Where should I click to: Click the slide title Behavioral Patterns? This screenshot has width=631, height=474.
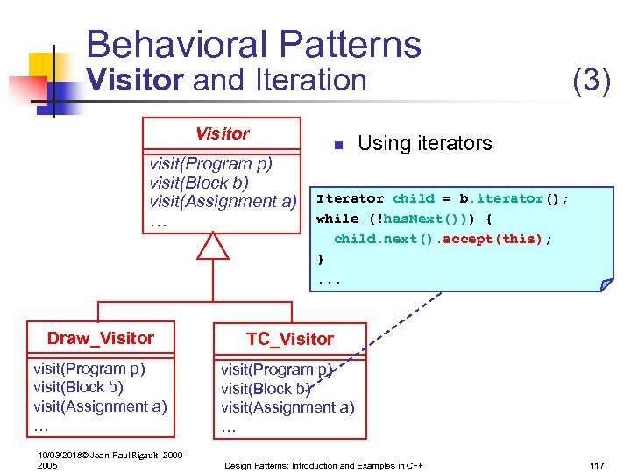click(253, 45)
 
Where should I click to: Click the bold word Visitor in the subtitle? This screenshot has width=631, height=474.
click(135, 80)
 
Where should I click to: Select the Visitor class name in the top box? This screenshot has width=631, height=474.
click(222, 133)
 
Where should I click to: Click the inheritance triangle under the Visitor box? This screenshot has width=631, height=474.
click(212, 245)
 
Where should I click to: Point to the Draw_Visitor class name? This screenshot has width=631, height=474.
click(101, 338)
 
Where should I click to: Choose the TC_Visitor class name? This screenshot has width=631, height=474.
click(289, 339)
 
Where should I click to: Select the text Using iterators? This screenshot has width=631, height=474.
click(425, 143)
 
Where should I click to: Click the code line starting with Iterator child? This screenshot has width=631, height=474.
click(443, 198)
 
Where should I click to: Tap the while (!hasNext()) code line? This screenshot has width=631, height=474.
click(404, 219)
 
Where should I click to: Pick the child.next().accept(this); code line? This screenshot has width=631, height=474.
click(443, 239)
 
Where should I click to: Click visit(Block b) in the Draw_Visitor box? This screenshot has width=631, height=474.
click(78, 387)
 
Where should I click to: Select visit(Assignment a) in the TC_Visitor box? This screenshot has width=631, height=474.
click(287, 407)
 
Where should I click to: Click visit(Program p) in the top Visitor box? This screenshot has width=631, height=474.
click(211, 164)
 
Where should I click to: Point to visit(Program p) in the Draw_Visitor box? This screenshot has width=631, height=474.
click(89, 369)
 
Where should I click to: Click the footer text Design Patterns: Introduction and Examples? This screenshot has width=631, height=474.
click(323, 464)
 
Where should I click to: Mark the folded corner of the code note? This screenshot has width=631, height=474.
click(606, 284)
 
